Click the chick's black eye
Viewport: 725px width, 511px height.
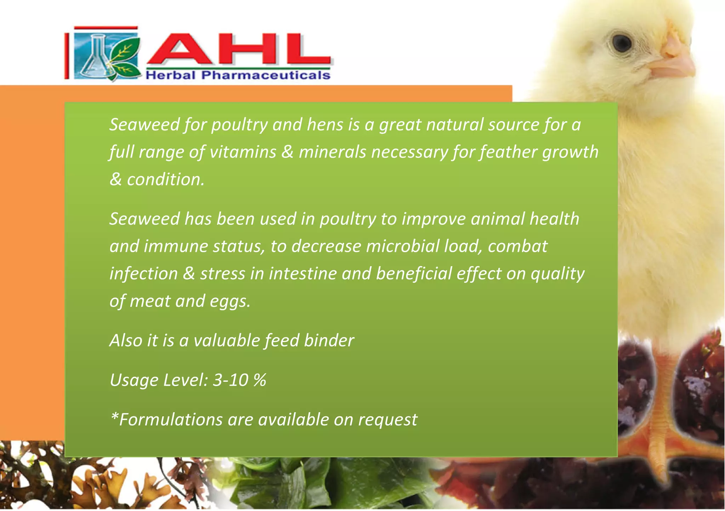[622, 43]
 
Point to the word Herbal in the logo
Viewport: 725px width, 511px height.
[170, 75]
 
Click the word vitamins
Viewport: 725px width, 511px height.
[243, 152]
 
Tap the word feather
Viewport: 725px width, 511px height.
[508, 152]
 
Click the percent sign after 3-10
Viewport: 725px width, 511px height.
[260, 380]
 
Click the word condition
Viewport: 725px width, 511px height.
[165, 180]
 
